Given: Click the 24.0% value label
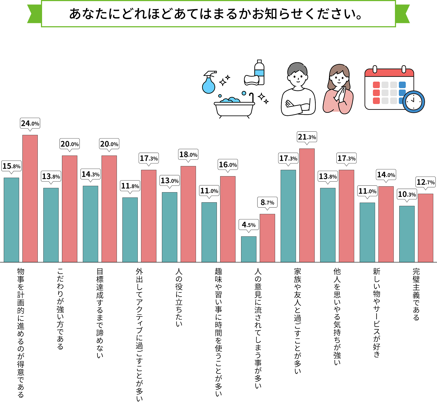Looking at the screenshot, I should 30,123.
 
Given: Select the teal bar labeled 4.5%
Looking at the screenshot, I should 249,249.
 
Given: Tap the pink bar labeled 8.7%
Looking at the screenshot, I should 267,238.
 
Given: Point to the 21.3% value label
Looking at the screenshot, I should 307,137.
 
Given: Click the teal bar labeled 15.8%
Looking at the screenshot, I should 11,220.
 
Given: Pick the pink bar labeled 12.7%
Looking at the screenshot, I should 425,228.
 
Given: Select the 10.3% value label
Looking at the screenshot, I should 407,194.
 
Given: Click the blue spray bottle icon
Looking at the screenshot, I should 209,82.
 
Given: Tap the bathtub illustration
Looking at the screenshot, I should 234,107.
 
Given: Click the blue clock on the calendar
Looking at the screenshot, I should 414,102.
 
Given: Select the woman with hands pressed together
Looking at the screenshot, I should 338,90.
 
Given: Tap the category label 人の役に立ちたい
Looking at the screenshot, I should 179,297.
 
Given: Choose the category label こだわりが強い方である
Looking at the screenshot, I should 60,309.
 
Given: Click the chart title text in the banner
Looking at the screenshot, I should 216,14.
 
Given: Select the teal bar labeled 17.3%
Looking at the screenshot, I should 288,216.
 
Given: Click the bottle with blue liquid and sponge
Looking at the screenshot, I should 255,74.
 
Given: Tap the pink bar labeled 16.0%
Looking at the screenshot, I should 228,219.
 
